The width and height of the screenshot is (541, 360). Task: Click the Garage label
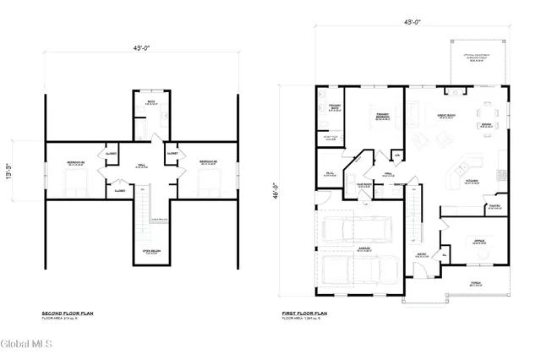click(364, 250)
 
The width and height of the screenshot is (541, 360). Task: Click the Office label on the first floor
click(478, 241)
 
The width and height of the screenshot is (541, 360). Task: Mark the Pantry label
click(495, 205)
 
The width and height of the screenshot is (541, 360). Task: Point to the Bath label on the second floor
click(150, 103)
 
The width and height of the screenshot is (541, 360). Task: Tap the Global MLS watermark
click(28, 344)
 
